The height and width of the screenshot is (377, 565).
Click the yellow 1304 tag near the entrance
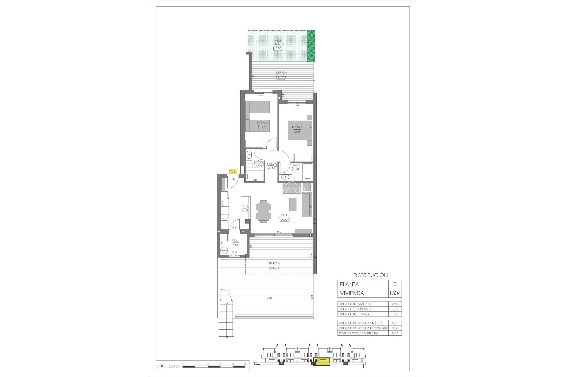[233, 171]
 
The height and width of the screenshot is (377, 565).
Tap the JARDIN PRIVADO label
[278, 42]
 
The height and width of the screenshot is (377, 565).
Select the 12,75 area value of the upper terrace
[281, 77]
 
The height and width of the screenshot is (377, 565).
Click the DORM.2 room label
[262, 123]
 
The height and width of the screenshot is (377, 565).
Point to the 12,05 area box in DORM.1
[297, 132]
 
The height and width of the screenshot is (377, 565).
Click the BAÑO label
[258, 161]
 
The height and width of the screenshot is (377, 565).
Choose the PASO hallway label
[271, 163]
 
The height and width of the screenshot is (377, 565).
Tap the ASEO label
[296, 165]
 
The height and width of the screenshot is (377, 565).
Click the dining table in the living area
[263, 211]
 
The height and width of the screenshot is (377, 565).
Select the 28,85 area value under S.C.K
[284, 219]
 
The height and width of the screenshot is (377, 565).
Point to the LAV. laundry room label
[235, 240]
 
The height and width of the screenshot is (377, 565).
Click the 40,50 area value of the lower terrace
[274, 268]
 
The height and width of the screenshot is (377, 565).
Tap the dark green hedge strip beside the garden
[311, 46]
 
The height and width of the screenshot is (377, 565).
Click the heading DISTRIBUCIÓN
[370, 275]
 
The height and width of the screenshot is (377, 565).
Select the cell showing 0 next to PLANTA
[395, 284]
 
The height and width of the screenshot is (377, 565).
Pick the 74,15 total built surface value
[395, 333]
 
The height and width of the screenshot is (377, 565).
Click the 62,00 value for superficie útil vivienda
[395, 304]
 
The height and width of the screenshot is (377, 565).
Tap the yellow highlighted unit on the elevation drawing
[322, 361]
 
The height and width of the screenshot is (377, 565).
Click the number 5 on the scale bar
[245, 364]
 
